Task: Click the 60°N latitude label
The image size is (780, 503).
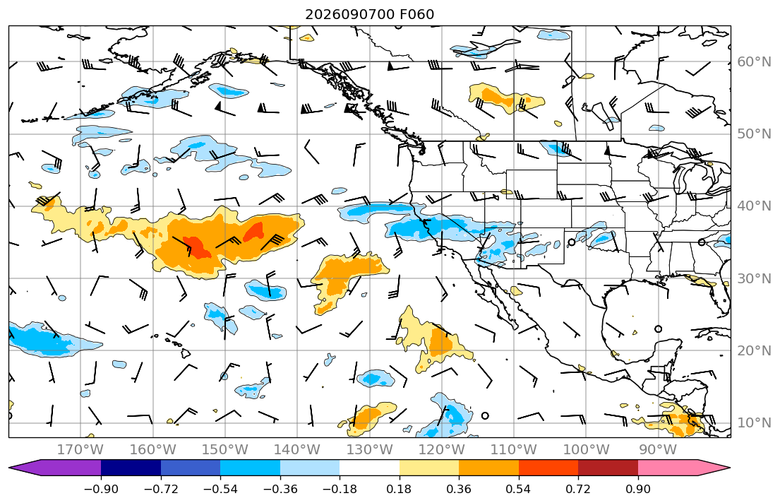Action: click(754, 61)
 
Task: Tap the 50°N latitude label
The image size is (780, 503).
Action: click(754, 134)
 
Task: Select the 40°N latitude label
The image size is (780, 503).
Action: click(754, 206)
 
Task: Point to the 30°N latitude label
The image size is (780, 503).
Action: click(754, 278)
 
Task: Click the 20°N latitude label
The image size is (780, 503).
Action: click(754, 350)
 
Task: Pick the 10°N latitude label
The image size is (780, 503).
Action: click(754, 422)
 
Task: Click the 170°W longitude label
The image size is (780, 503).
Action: click(80, 450)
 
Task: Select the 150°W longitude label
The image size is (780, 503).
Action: click(225, 450)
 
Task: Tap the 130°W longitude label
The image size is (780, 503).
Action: click(370, 450)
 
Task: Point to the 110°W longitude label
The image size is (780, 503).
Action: click(514, 450)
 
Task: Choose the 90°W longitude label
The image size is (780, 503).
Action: click(658, 450)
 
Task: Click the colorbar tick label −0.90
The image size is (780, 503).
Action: click(101, 489)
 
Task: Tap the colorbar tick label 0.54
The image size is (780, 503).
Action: click(518, 489)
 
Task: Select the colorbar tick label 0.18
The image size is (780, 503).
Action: click(399, 489)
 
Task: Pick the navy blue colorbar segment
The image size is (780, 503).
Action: click(131, 468)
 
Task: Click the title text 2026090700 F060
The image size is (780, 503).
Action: click(370, 14)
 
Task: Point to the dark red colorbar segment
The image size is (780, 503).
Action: click(608, 468)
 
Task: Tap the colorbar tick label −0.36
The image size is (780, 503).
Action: click(280, 489)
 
